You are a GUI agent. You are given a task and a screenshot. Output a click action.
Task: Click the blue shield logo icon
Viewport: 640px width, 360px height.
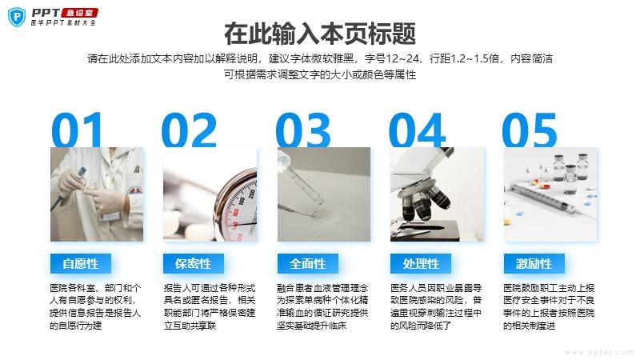(17, 17)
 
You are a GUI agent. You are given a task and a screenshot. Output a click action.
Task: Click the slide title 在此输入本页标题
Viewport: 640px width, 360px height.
(320, 34)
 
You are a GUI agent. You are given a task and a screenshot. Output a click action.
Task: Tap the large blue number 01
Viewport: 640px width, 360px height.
(77, 130)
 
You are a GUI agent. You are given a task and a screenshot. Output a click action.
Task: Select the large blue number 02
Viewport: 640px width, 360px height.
(189, 130)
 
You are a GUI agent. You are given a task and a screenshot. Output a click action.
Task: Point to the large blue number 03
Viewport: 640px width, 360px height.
(303, 130)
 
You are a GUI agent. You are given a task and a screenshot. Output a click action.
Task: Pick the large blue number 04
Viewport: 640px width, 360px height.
(417, 130)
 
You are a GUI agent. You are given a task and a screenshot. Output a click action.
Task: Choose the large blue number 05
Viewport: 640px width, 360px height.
(530, 130)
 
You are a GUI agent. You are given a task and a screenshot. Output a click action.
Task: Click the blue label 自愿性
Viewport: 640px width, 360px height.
(81, 264)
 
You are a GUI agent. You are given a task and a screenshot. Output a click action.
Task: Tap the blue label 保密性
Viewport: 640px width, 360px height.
(194, 264)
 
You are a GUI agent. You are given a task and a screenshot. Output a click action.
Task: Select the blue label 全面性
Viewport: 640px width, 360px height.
(308, 264)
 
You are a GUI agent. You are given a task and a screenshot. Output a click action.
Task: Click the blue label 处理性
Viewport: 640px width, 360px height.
(421, 264)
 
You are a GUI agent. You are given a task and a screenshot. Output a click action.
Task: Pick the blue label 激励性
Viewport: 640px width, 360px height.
(534, 264)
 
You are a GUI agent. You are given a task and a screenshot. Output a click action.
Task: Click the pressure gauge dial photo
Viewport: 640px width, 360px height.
(210, 194)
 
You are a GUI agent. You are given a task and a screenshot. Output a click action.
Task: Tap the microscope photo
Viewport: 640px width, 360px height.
(437, 194)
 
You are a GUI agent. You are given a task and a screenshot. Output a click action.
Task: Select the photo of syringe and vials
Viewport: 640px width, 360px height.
(550, 194)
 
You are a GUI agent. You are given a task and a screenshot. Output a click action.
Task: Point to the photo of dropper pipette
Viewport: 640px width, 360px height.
(324, 194)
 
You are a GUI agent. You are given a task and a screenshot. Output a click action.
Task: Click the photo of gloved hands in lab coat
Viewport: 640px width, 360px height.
(97, 194)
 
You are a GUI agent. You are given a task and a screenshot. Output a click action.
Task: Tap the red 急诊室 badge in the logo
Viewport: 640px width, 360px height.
(80, 13)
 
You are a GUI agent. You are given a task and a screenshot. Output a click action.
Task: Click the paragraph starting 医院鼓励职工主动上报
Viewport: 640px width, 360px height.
(549, 306)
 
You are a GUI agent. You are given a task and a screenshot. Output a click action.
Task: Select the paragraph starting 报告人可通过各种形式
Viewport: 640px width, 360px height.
(210, 306)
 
